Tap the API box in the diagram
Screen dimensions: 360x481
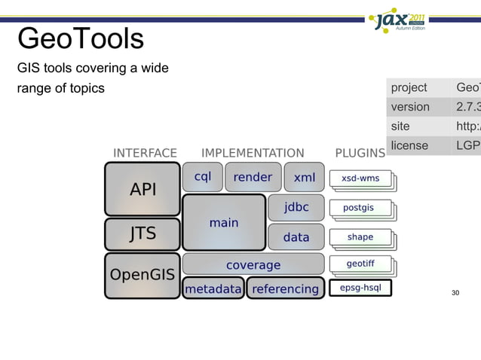coord(142,190)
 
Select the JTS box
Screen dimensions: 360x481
coord(142,233)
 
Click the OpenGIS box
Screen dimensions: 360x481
coord(142,275)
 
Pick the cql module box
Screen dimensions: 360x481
coord(202,178)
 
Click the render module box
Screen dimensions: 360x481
coord(253,178)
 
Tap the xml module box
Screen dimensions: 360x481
coord(304,178)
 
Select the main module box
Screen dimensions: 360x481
coord(224,223)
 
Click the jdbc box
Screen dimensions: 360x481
coord(296,207)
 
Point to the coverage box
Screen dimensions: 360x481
coord(253,264)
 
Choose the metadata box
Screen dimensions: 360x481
coord(213,288)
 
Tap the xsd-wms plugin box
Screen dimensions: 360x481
coord(360,178)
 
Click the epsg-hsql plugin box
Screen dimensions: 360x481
coord(360,288)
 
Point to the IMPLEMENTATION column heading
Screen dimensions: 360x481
coord(253,153)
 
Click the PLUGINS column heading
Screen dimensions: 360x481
coord(360,153)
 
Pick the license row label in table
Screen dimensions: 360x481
coord(409,145)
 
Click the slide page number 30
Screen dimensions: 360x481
coord(455,292)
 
